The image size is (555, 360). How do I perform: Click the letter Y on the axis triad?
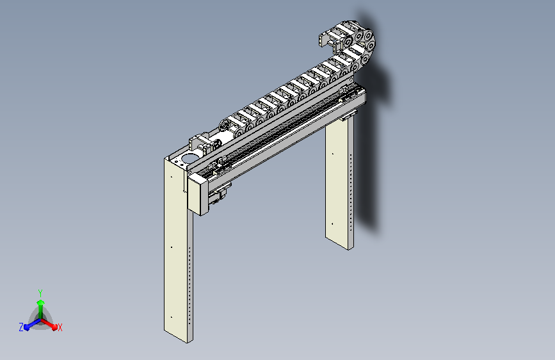(40, 293)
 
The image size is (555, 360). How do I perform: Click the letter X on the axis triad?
(60, 327)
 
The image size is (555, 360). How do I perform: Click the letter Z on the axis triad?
(21, 327)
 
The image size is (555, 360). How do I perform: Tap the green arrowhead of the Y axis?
(41, 302)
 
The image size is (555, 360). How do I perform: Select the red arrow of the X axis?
(49, 324)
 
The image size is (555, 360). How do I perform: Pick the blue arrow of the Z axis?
(33, 324)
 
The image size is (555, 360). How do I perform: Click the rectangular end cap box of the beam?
(198, 195)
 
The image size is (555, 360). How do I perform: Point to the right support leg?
(339, 181)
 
